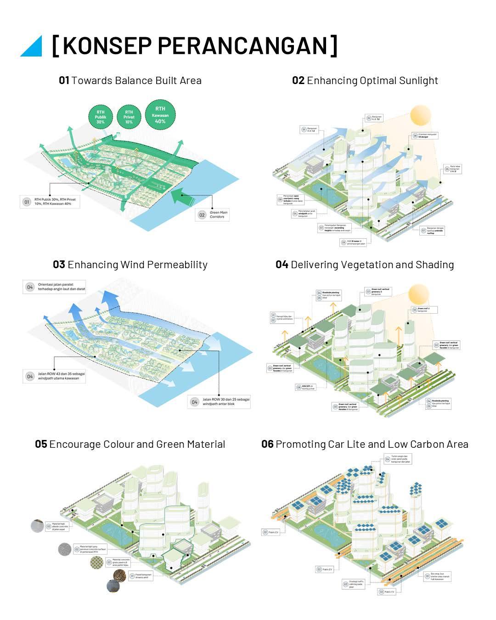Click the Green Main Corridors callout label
pyautogui.click(x=218, y=214)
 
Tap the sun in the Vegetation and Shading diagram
pyautogui.click(x=418, y=294)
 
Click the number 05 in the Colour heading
pyautogui.click(x=41, y=444)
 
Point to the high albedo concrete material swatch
pyautogui.click(x=37, y=526)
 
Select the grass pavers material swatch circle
pyautogui.click(x=96, y=563)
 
